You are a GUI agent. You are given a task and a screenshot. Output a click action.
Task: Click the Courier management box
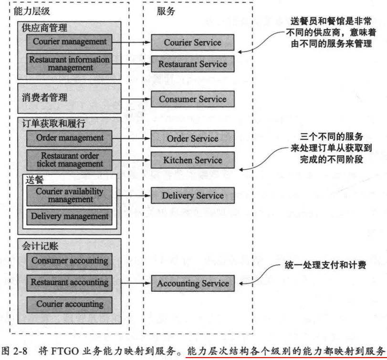coord(70,42)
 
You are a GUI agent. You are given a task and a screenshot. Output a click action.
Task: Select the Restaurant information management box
coord(70,64)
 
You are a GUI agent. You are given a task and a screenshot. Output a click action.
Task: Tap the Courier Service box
coord(192,42)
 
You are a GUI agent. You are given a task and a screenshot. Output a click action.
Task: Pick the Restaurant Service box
coord(192,64)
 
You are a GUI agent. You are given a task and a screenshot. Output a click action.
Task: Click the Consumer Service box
coord(192,99)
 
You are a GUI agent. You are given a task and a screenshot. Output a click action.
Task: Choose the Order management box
coord(70,138)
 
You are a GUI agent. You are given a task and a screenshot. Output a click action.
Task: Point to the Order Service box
coord(192,138)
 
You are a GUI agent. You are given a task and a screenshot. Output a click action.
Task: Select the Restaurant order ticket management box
coord(70,160)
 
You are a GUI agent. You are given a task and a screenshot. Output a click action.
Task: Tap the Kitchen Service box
coord(192,160)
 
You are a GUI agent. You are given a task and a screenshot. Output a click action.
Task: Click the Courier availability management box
coord(70,195)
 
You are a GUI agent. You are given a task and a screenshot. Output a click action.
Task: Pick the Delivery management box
coord(70,217)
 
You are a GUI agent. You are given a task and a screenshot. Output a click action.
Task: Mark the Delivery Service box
coord(192,195)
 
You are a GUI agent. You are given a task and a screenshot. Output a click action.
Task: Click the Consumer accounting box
coord(70,261)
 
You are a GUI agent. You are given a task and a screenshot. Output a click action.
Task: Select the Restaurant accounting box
coord(70,282)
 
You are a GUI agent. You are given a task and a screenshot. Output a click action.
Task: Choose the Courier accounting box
coord(70,304)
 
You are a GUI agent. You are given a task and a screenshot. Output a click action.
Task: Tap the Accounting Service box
coord(192,283)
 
